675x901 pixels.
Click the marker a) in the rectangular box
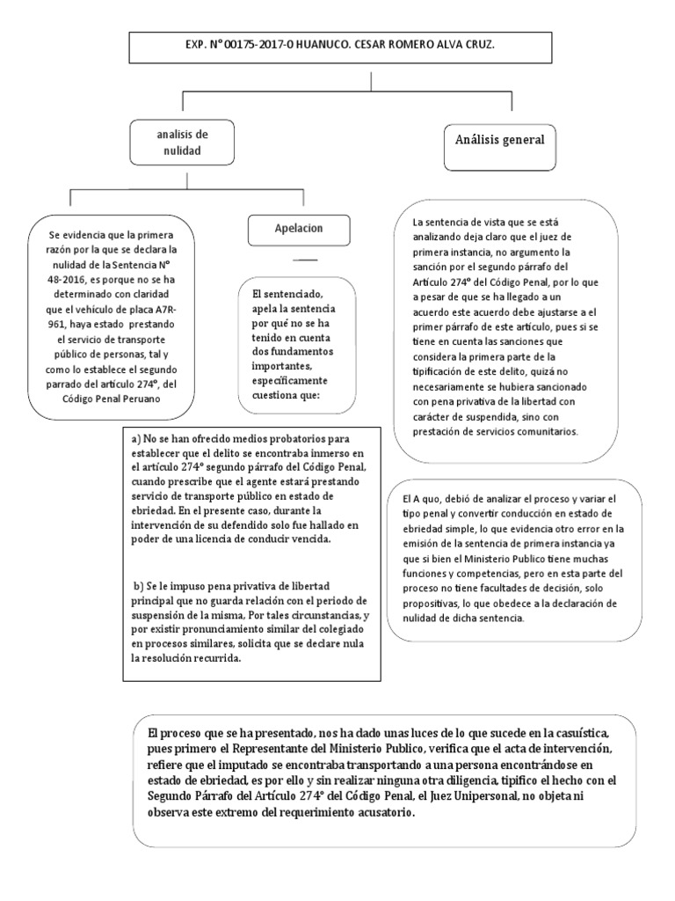[136, 438]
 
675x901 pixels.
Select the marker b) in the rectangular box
[138, 586]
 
